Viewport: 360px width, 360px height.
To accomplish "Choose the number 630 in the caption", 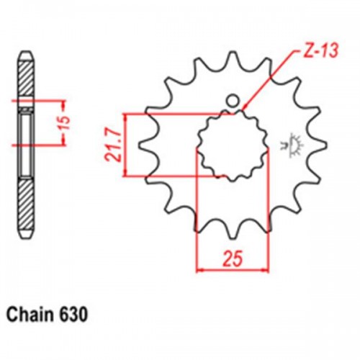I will pyautogui.click(x=76, y=315).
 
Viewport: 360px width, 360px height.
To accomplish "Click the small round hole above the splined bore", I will pyautogui.click(x=232, y=100).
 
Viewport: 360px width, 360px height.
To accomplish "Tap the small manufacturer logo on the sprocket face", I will pyautogui.click(x=293, y=142).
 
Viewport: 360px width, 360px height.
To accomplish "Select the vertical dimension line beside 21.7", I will pyautogui.click(x=126, y=144).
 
